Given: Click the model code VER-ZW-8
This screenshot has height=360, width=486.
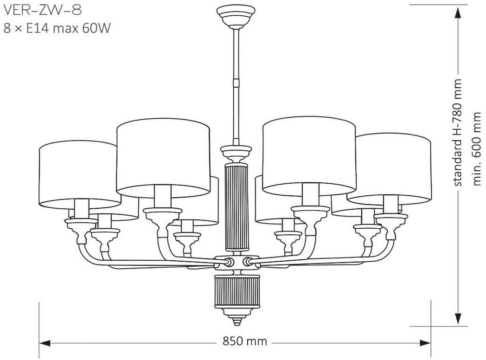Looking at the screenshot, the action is pyautogui.click(x=43, y=10).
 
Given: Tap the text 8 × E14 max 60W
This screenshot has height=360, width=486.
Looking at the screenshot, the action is pyautogui.click(x=57, y=28).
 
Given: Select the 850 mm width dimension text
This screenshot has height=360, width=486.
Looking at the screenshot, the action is pyautogui.click(x=244, y=341).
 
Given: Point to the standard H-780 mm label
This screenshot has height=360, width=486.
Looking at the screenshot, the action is pyautogui.click(x=458, y=132).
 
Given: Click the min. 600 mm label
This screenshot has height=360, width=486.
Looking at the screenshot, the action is pyautogui.click(x=477, y=149).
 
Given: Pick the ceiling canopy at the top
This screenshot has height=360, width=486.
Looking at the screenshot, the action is pyautogui.click(x=236, y=16).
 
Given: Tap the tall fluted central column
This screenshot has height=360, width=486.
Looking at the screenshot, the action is pyautogui.click(x=236, y=208).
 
